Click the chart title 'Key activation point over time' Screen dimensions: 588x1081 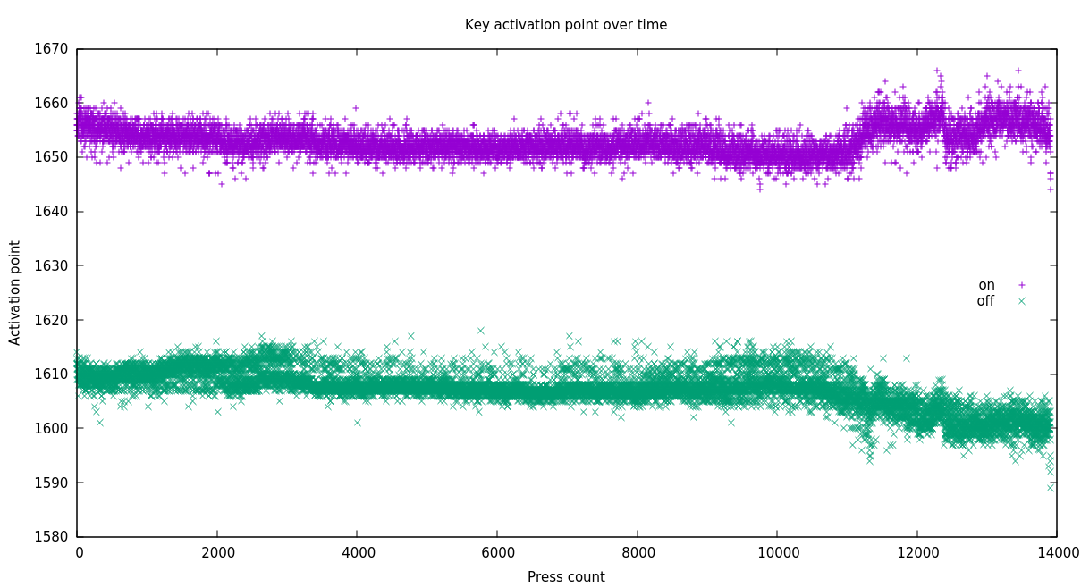coord(565,25)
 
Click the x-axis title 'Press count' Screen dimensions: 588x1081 coord(565,577)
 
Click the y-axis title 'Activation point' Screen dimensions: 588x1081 coord(15,292)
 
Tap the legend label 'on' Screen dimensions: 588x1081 coord(986,285)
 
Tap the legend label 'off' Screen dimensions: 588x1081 coord(985,301)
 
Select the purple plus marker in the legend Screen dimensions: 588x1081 coord(1021,285)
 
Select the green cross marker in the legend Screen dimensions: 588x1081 coord(1021,301)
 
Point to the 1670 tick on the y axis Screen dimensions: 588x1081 coord(52,49)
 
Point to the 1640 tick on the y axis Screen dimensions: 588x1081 coord(52,212)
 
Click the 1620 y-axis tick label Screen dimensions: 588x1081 coord(52,320)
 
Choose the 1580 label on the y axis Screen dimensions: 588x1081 coord(52,537)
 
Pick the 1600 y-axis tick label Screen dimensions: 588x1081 coord(52,428)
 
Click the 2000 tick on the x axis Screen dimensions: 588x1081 coord(218,553)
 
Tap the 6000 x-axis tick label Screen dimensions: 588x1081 coord(498,553)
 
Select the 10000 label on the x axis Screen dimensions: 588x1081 coord(778,553)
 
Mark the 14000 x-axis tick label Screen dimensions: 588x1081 coord(1057,553)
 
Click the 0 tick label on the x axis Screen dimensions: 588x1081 coord(79,553)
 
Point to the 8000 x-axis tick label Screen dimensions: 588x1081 coord(638,553)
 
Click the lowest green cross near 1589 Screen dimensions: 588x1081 coord(1051,487)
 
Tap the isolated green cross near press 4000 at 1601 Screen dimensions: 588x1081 coord(358,423)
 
